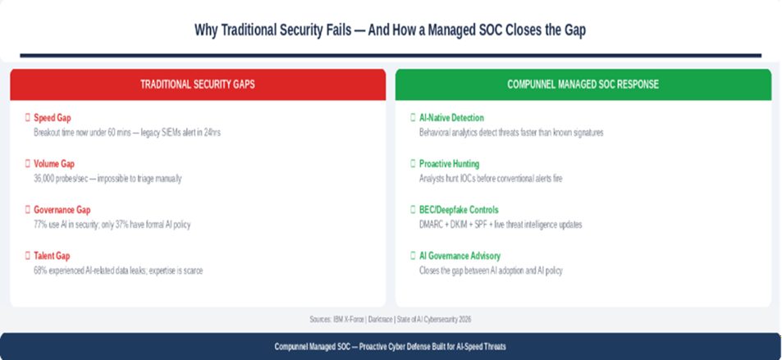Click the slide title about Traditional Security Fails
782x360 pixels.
click(x=391, y=30)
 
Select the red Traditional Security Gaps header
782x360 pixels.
click(x=198, y=84)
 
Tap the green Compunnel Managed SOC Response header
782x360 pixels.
click(x=583, y=84)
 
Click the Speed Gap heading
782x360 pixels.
click(x=53, y=118)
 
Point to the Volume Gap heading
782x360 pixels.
click(x=54, y=164)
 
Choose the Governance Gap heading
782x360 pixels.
click(x=62, y=210)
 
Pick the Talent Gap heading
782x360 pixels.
click(x=53, y=256)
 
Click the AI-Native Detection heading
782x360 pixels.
click(x=451, y=118)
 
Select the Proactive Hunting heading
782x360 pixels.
click(x=450, y=164)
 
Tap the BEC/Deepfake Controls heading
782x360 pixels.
click(x=459, y=210)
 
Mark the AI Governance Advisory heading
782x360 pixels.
click(x=460, y=256)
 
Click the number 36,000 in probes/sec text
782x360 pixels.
click(x=46, y=178)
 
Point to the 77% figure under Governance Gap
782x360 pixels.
click(x=40, y=224)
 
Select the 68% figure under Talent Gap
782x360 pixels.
click(x=40, y=270)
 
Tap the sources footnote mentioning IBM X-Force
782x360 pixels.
click(x=391, y=318)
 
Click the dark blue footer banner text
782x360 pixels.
click(x=391, y=347)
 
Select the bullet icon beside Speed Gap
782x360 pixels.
click(x=28, y=118)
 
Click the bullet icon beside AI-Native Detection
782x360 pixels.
click(x=413, y=118)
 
